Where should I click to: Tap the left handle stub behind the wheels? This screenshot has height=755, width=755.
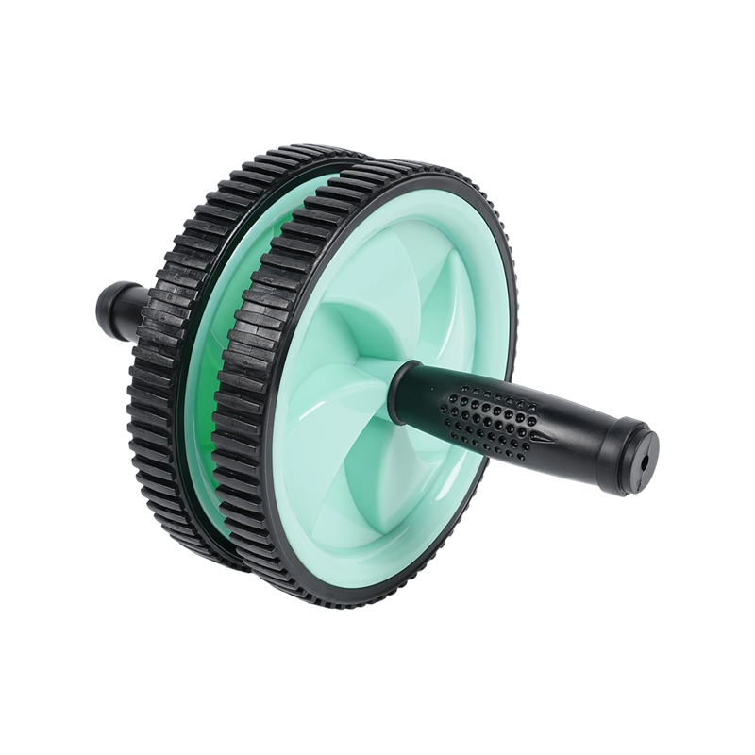tap(117, 312)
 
